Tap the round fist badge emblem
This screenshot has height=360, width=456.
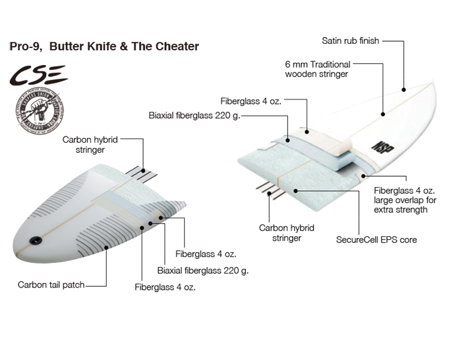coord(39,109)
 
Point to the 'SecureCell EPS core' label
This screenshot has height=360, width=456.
coord(376,240)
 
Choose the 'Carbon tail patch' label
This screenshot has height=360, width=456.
coord(51,284)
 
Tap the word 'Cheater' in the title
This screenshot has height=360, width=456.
coord(176,47)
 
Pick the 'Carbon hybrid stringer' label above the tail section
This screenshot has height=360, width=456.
coord(83,145)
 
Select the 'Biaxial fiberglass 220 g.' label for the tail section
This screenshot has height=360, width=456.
coord(203,270)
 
